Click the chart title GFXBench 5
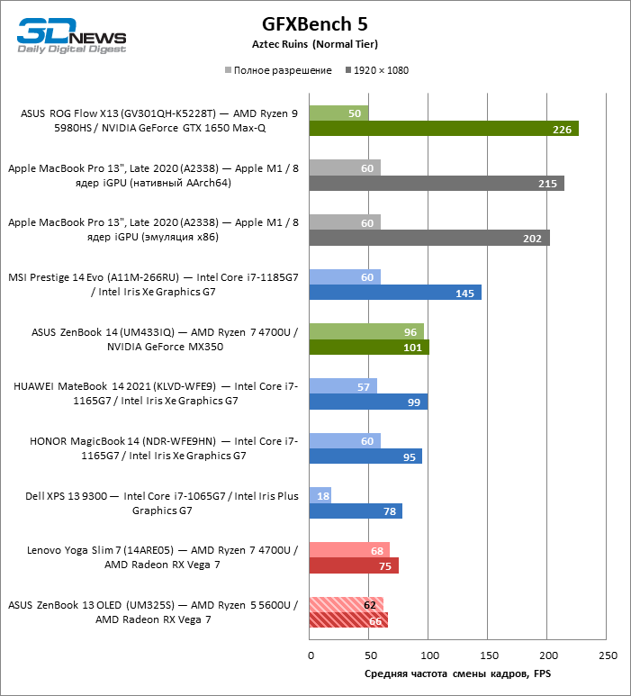pos(314,24)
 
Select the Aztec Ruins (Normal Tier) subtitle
pos(314,44)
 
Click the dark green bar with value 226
pos(443,129)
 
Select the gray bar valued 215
pos(436,184)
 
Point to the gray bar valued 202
pos(428,238)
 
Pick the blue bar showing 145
pos(394,293)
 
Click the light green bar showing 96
pos(365,331)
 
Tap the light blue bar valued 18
pos(320,495)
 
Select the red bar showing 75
pos(353,565)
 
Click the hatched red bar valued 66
pos(347,619)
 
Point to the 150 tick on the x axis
pos(488,655)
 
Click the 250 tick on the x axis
pos(608,655)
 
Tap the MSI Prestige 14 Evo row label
pos(153,285)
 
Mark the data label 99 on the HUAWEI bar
pos(415,402)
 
